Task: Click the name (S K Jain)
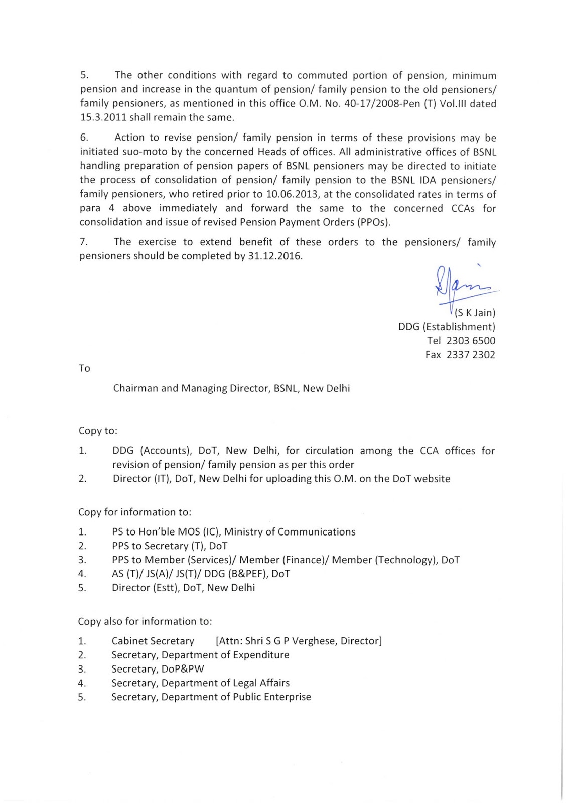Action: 475,313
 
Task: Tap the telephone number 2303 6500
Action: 471,341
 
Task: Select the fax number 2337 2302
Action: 471,355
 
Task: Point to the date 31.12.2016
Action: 275,256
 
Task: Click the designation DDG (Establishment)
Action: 447,327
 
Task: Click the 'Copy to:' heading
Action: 98,431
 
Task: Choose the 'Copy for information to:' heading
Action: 134,512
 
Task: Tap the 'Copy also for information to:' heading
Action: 145,621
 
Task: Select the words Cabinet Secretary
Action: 153,641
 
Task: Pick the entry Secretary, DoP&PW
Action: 158,669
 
